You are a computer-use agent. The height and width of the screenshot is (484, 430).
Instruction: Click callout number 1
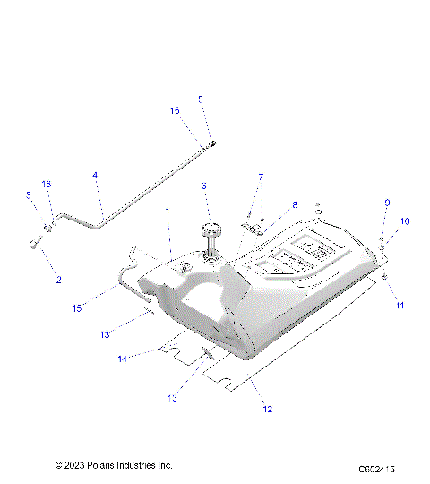[167, 211]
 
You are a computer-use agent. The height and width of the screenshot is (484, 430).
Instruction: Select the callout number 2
[59, 280]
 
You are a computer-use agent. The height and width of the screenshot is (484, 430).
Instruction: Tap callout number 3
[29, 194]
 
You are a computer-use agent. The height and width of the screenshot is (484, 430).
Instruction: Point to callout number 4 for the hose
[95, 176]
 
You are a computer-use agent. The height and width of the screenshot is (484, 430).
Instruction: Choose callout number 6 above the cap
[203, 186]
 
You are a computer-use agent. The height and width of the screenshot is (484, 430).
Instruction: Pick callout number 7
[261, 177]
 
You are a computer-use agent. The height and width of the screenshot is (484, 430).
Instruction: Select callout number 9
[388, 203]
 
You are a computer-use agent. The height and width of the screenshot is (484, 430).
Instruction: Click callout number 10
[404, 220]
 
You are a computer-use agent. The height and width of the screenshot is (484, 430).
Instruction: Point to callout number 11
[400, 306]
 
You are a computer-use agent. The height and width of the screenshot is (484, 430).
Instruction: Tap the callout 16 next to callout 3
[47, 184]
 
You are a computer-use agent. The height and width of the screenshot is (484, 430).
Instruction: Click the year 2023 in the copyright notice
[75, 465]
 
